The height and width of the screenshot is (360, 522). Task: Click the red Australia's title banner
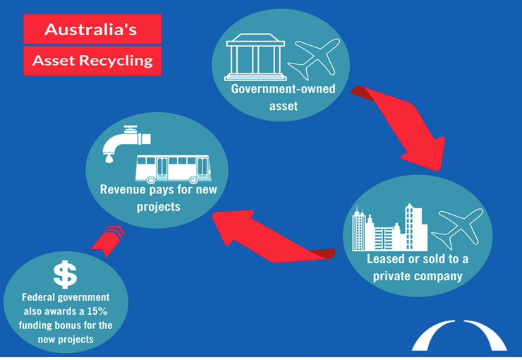click(92, 29)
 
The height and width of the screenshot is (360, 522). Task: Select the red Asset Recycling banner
click(92, 61)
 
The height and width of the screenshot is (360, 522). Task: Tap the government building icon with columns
click(255, 57)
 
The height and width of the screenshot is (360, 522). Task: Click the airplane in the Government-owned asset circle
click(314, 59)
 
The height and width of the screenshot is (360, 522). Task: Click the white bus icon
click(174, 169)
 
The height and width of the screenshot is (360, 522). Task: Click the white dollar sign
click(65, 275)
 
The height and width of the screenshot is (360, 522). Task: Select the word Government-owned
click(284, 89)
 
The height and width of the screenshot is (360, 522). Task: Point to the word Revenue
click(123, 189)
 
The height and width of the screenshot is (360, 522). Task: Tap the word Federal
click(37, 296)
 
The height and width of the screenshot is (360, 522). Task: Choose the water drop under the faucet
click(109, 159)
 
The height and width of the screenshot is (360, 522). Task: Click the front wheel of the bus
click(193, 180)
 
